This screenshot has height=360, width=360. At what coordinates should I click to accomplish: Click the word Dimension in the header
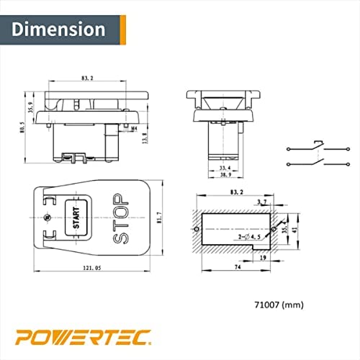[58, 30]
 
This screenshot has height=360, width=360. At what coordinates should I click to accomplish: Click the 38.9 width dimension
[225, 175]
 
